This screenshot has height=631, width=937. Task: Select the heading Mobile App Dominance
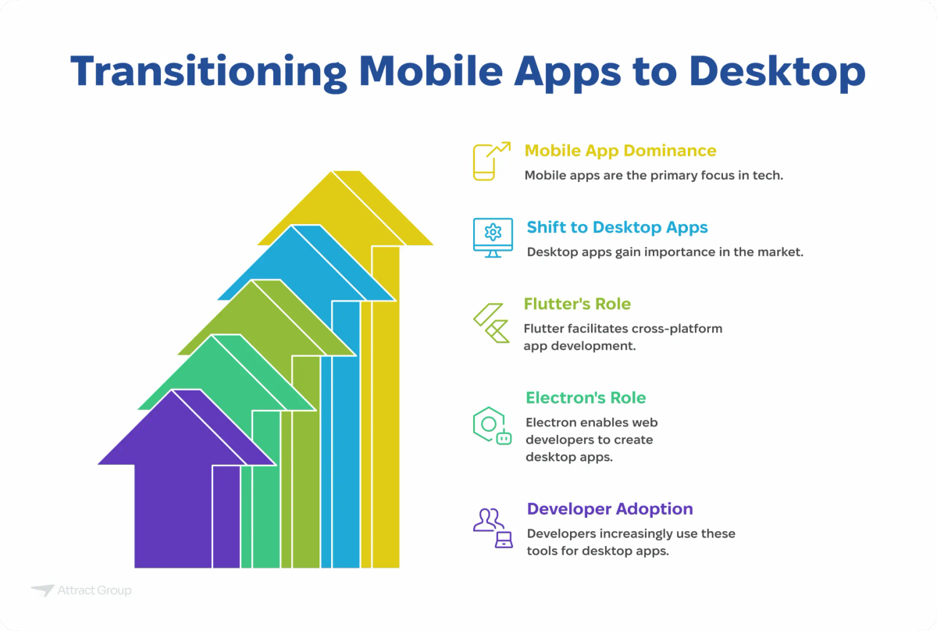click(620, 150)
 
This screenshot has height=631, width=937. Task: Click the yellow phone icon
click(487, 162)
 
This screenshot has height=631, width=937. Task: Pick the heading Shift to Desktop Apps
click(617, 227)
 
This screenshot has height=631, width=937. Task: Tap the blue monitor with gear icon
click(493, 237)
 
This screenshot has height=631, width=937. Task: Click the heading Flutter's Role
click(577, 304)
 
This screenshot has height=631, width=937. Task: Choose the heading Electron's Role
click(586, 397)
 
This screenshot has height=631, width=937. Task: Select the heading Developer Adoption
click(609, 508)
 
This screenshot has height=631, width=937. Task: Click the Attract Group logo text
click(94, 590)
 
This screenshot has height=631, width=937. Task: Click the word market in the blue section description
click(781, 252)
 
